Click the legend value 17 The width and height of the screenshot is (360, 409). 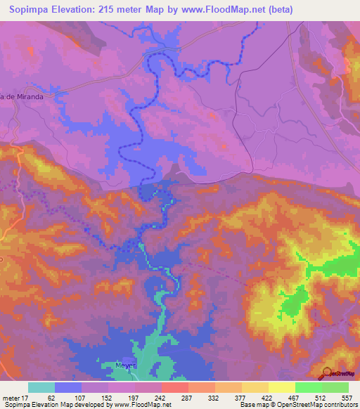coord(24,397)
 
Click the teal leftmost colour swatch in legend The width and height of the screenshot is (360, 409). coord(41,387)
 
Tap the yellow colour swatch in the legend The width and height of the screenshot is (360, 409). coord(281,387)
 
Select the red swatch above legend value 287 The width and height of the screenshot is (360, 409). coord(174,387)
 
